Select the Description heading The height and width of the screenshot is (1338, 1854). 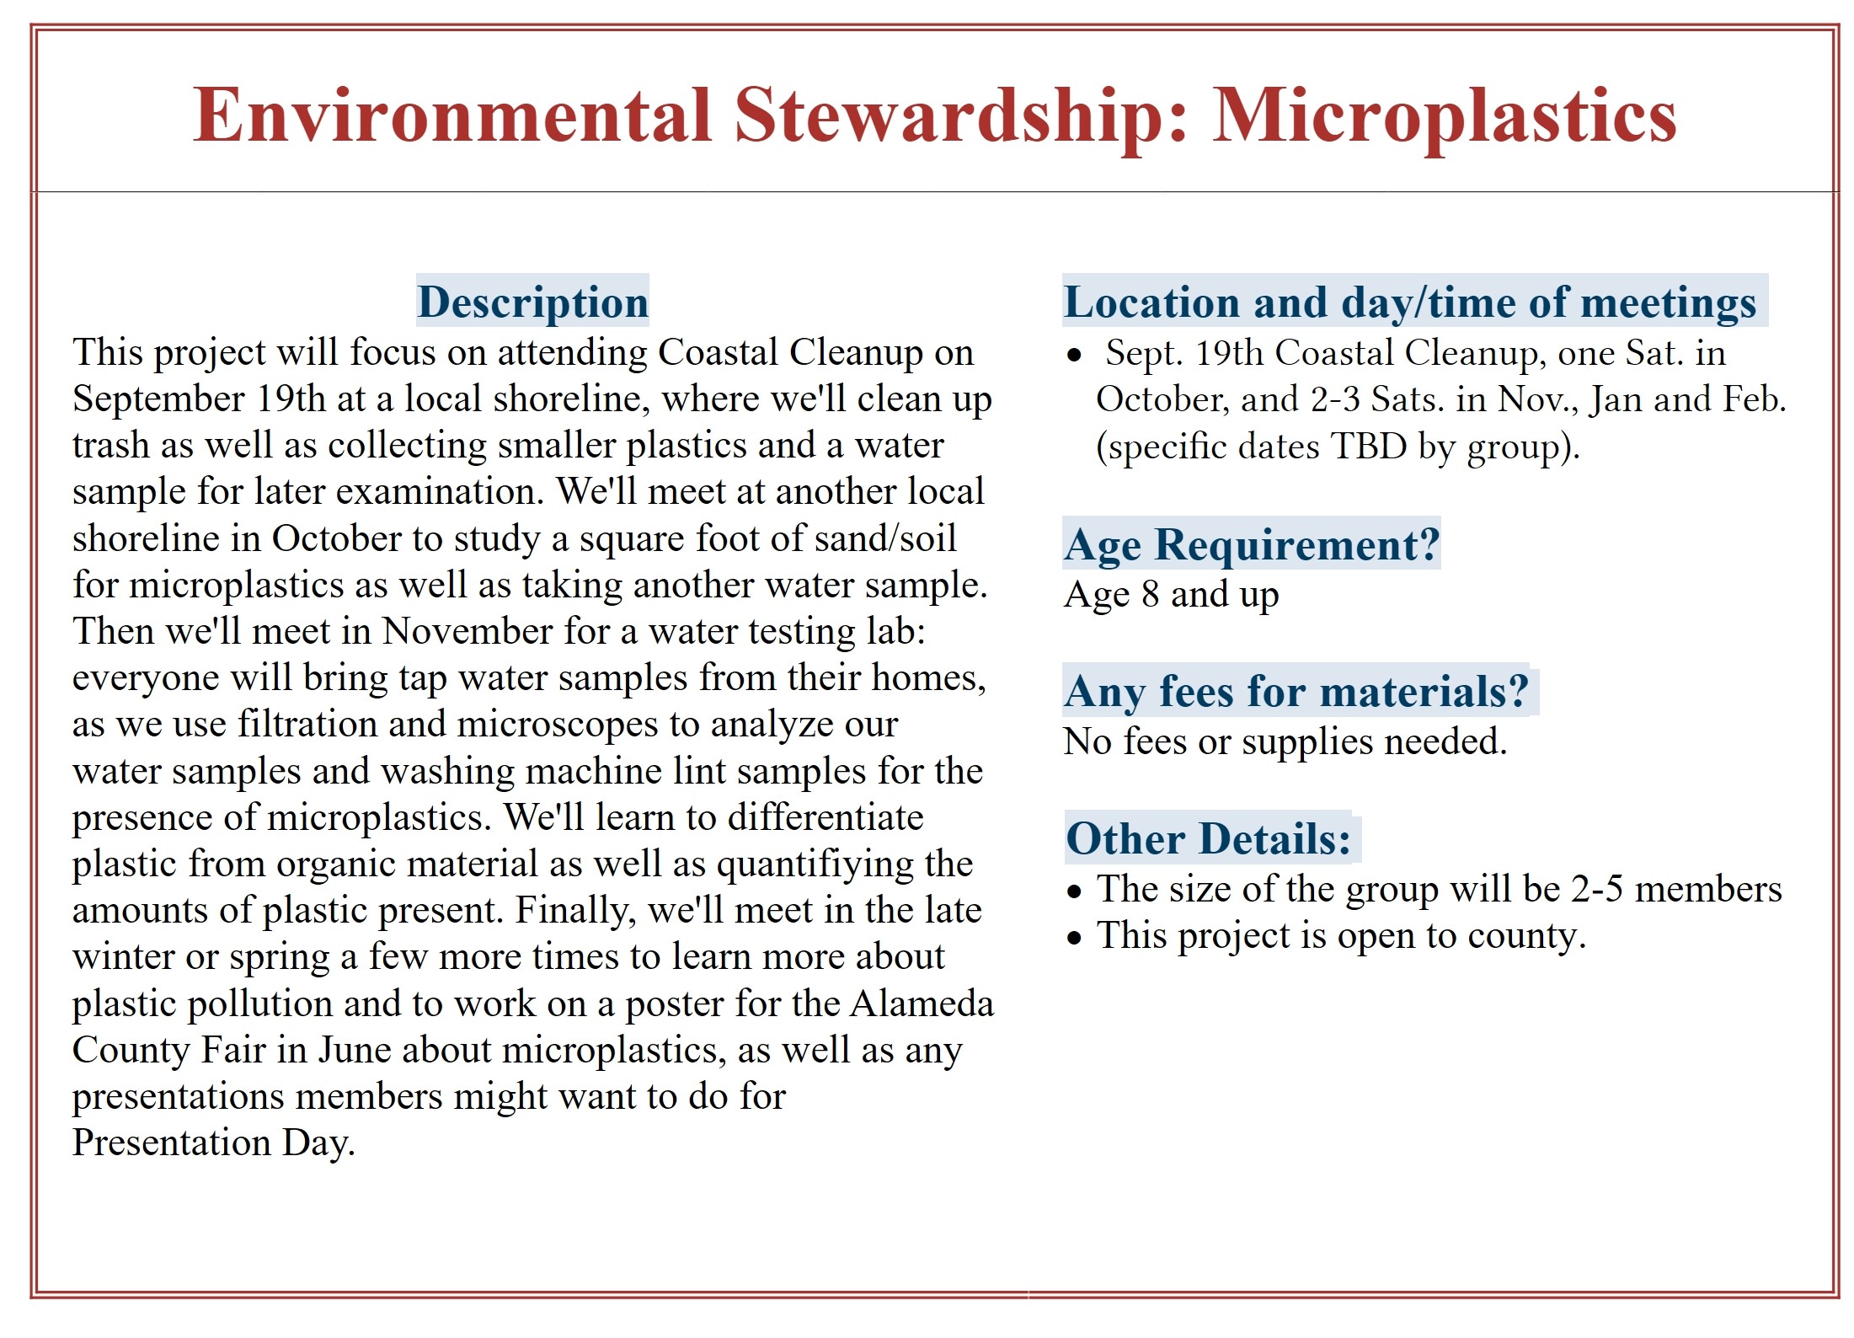[533, 302]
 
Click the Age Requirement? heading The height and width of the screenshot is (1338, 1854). [1252, 545]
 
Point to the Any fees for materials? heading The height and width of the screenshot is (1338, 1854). [1296, 692]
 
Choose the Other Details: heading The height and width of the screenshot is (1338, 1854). [1208, 838]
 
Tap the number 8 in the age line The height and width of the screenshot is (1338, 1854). [1150, 595]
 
